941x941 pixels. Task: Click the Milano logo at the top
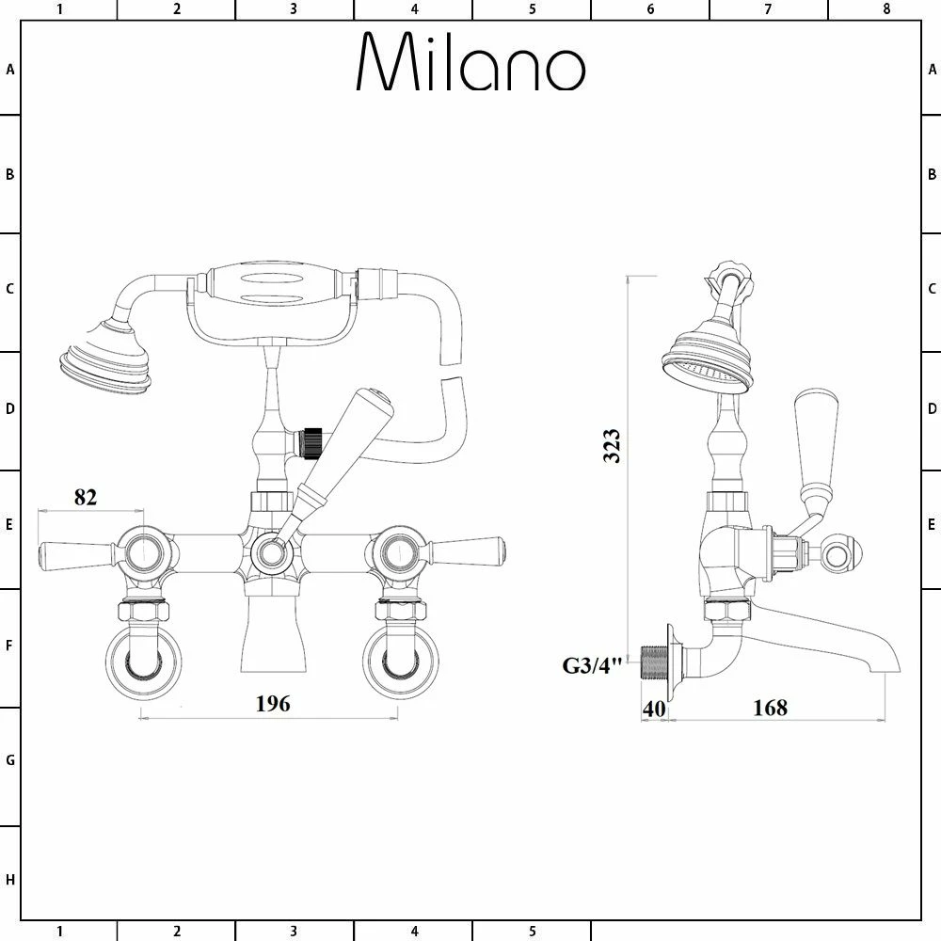click(470, 63)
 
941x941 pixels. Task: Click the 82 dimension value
click(86, 497)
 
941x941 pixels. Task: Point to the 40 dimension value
click(653, 707)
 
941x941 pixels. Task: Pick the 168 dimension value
click(770, 707)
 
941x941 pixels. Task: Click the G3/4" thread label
click(593, 666)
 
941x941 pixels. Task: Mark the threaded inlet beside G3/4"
click(652, 662)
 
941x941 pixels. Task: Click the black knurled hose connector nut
click(310, 440)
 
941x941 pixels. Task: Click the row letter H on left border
click(10, 881)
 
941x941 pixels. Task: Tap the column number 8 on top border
click(885, 9)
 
